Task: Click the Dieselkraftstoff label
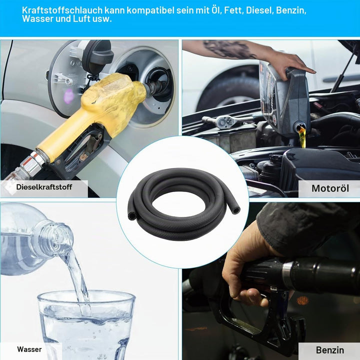coord(44,187)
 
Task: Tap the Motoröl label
coord(330,188)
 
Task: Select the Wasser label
coord(29,349)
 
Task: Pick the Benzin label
coord(330,350)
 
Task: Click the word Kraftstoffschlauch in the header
coord(62,10)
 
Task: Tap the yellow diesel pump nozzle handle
coord(92,115)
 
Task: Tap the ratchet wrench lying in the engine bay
coord(227,120)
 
